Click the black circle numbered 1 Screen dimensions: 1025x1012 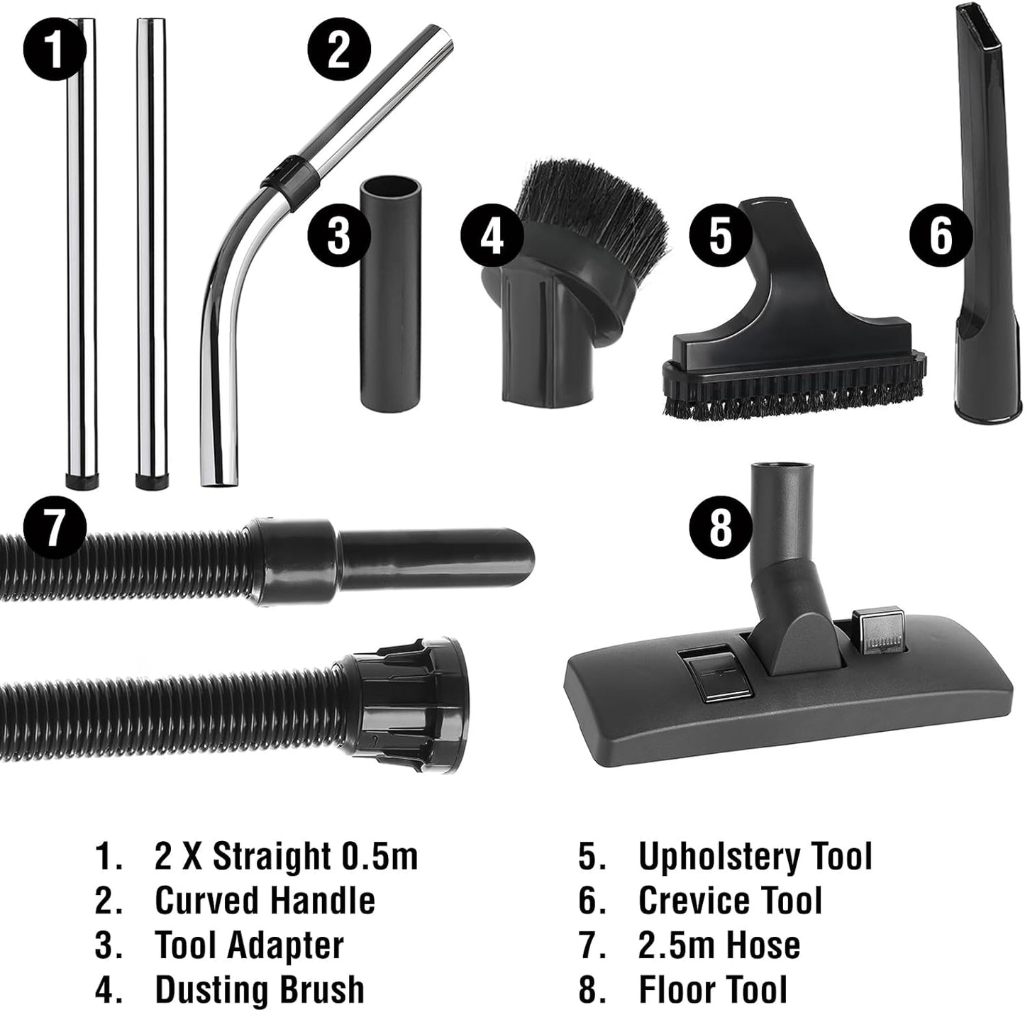coord(54,50)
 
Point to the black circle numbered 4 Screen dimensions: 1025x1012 coord(492,237)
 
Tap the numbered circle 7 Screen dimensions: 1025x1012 coord(55,526)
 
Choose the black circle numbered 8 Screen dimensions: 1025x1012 coord(721,528)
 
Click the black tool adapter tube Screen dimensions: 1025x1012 coord(391,294)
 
